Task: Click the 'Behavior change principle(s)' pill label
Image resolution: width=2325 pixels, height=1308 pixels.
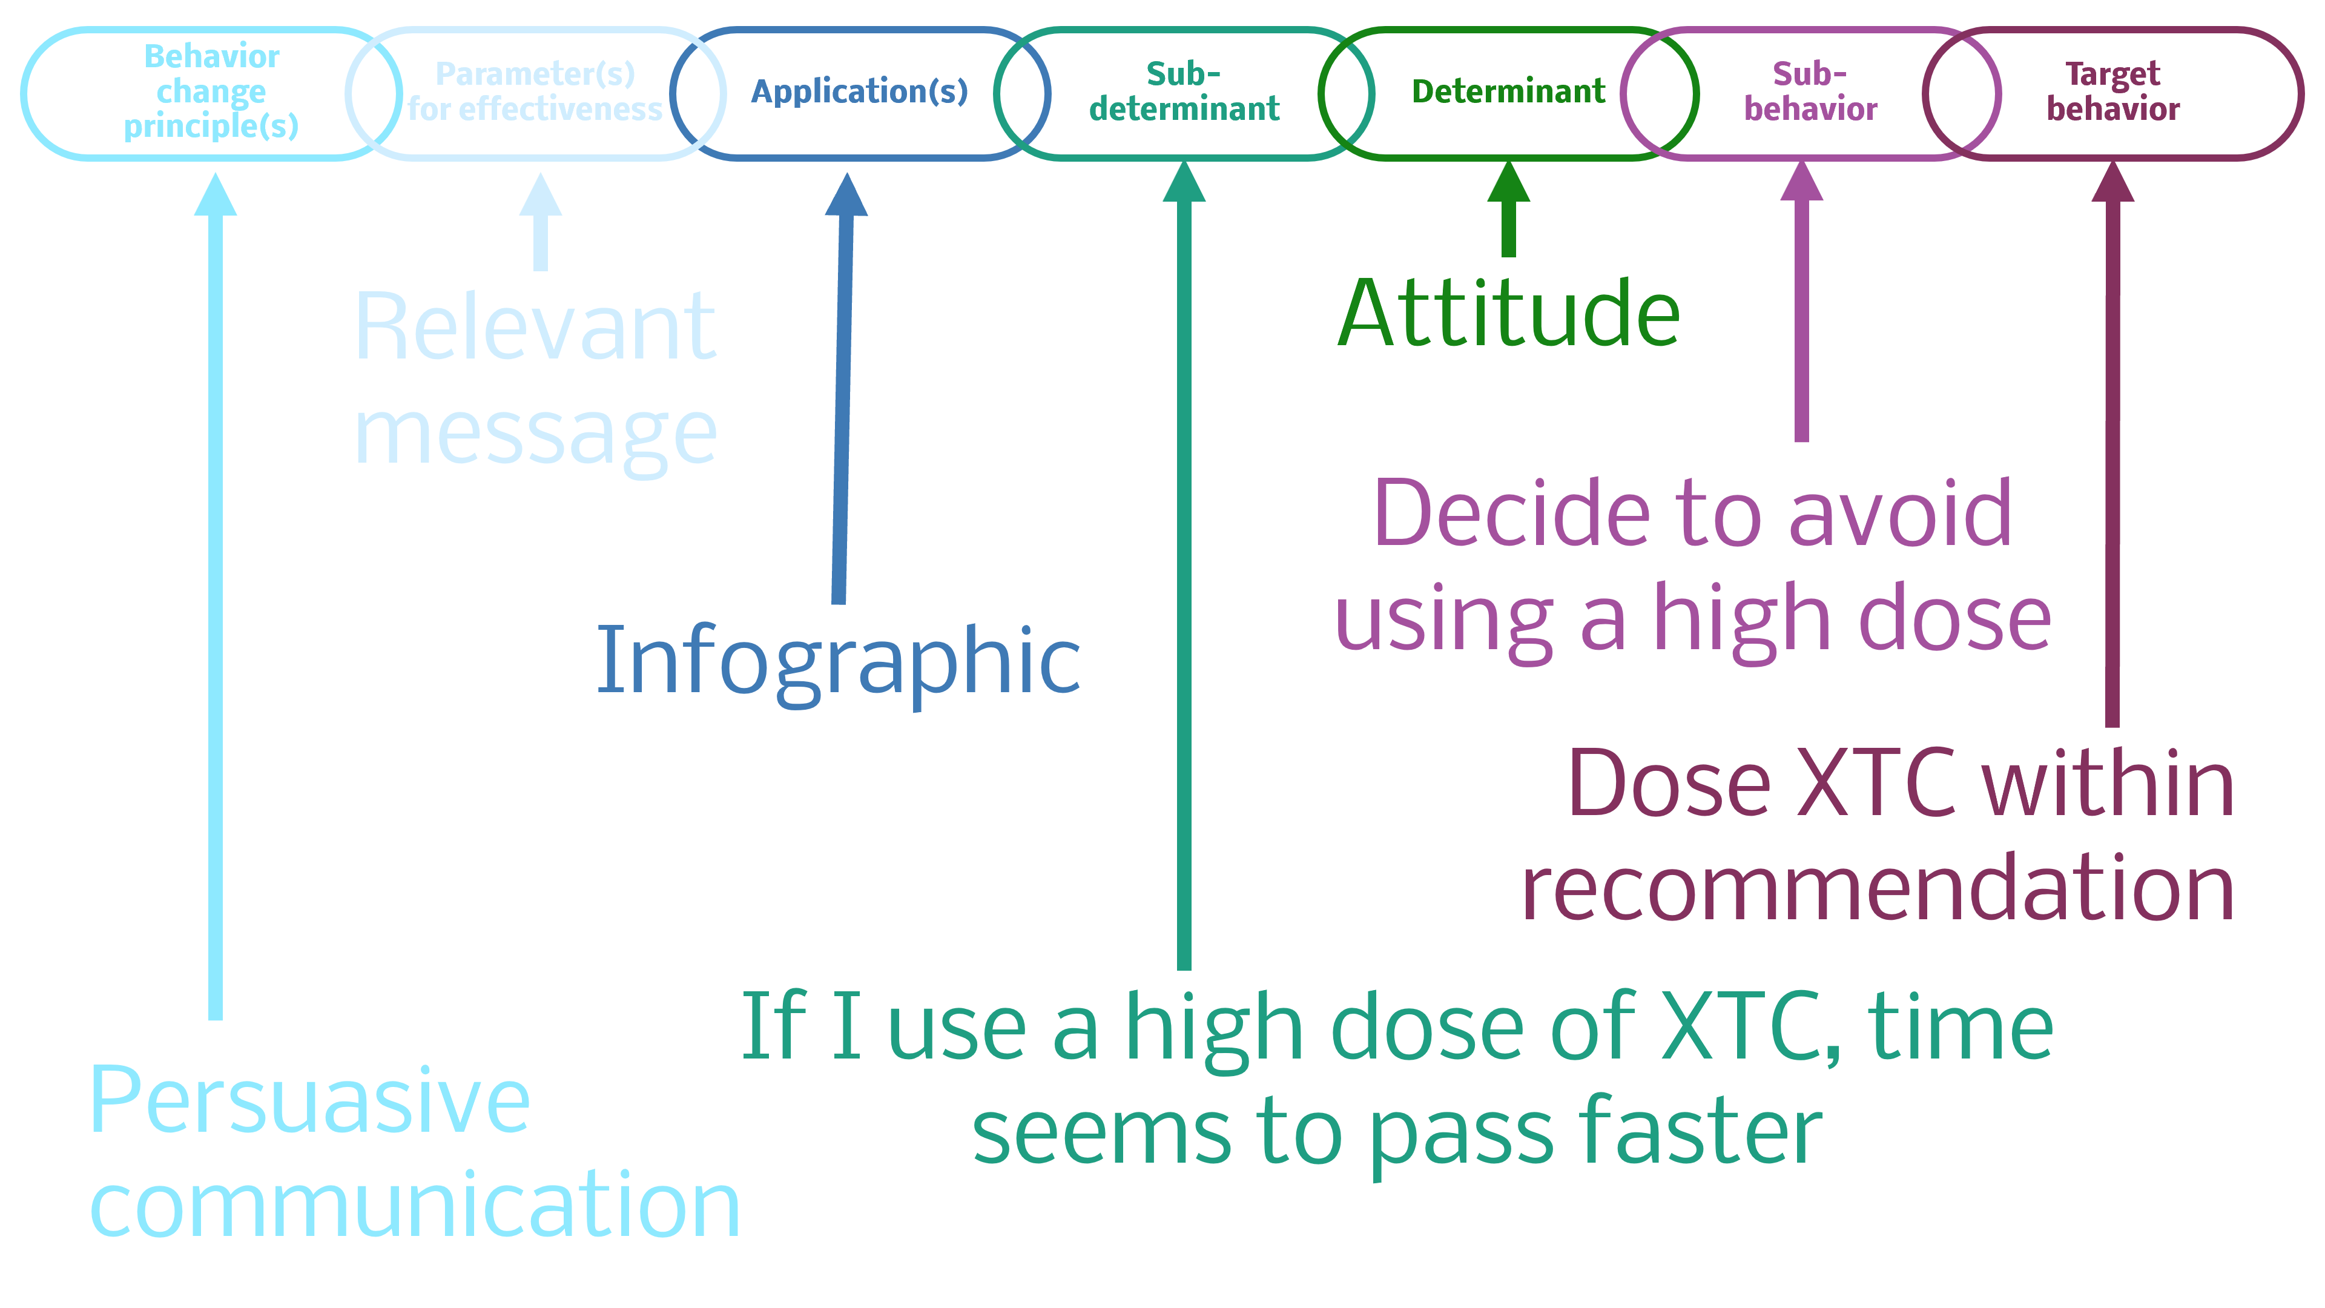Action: [x=211, y=91]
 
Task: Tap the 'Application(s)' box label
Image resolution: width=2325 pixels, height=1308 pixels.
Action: [x=859, y=91]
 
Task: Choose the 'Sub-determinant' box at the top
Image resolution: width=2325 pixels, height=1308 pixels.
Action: [x=1183, y=91]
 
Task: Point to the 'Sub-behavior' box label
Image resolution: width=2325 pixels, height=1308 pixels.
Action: [x=1810, y=91]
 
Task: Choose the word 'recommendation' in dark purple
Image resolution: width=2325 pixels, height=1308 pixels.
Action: [x=1878, y=889]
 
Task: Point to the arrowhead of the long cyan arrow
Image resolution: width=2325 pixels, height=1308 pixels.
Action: [x=216, y=195]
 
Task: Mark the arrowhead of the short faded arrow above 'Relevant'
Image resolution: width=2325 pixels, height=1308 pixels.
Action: [x=541, y=195]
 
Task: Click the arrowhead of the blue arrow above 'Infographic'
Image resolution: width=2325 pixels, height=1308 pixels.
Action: [x=846, y=195]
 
